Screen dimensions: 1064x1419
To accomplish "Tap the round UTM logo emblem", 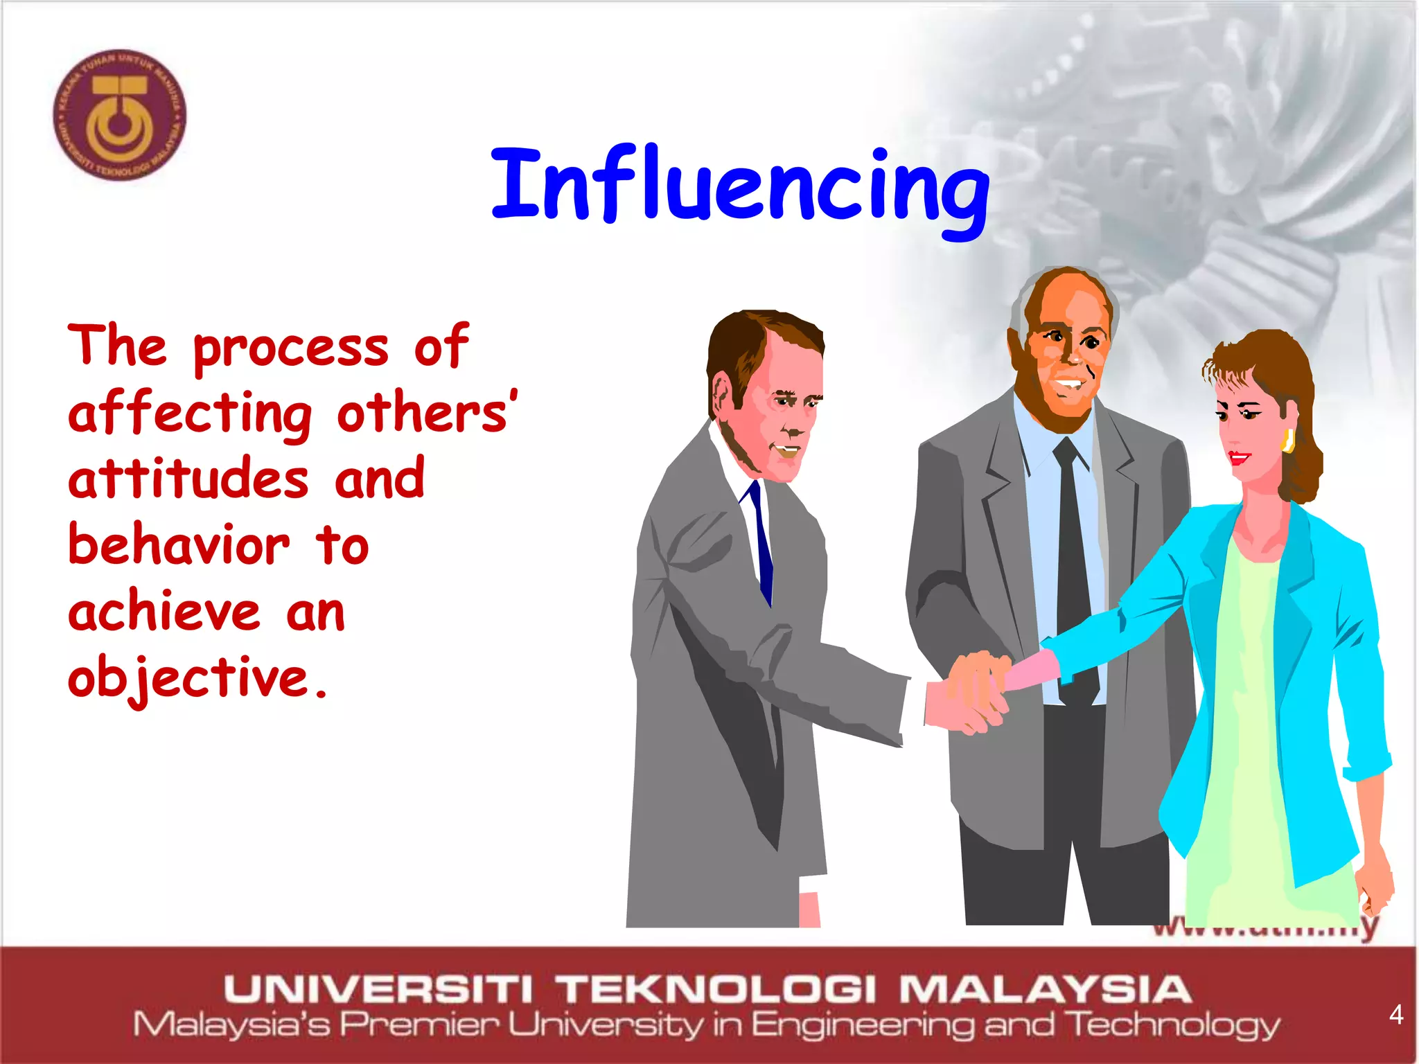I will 120,115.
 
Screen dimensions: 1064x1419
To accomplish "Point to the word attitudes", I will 188,479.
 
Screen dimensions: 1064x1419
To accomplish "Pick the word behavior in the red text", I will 179,545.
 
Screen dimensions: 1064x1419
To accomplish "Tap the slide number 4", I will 1396,1015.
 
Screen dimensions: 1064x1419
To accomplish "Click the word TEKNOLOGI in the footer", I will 718,989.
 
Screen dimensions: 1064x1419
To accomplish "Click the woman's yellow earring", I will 1288,440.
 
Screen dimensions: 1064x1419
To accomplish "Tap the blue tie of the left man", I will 761,540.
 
